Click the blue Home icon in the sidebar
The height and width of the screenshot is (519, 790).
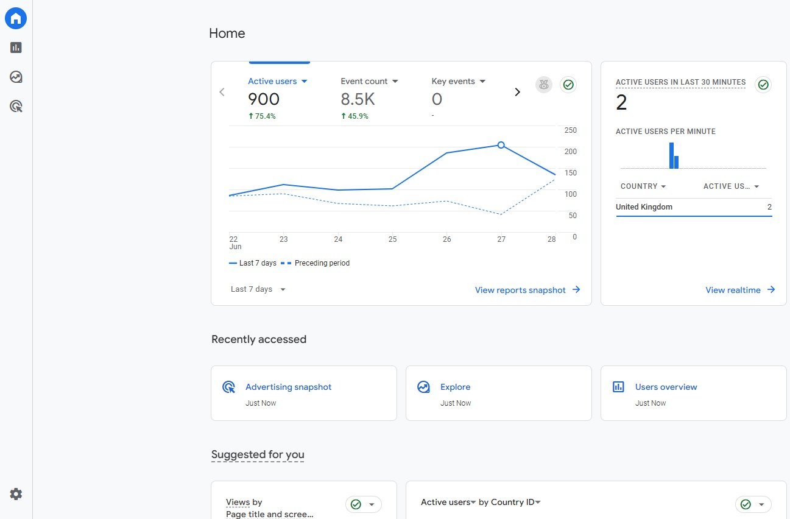coord(15,18)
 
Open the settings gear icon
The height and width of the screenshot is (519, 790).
coord(16,494)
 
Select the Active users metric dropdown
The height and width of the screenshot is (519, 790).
coord(278,81)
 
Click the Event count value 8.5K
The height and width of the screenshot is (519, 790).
coord(358,99)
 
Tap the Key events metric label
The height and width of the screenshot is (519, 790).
coord(453,81)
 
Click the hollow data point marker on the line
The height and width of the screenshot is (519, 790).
coord(501,144)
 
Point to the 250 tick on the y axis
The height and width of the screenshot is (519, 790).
coord(570,130)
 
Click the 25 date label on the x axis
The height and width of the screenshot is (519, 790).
coord(392,239)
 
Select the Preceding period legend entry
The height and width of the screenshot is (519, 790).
coord(315,263)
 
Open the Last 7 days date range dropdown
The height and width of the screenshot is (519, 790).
coord(258,289)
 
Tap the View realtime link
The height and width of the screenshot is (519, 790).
coord(740,290)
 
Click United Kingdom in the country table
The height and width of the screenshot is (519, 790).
coord(644,207)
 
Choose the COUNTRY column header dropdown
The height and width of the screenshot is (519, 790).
coord(643,186)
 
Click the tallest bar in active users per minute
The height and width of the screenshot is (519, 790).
coord(671,155)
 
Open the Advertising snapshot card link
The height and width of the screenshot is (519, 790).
coord(288,387)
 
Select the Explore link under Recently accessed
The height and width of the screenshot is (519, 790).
coord(455,387)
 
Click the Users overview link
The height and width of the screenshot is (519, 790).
coord(666,387)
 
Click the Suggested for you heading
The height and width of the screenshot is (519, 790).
coord(258,454)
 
